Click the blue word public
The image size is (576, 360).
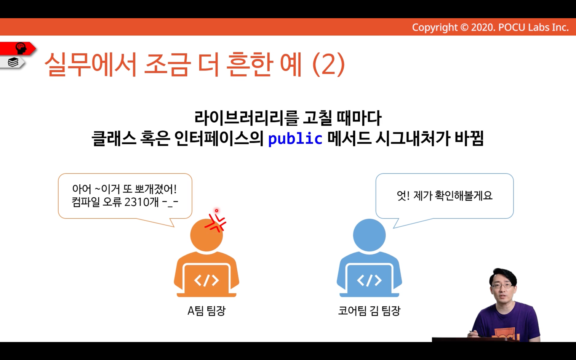[295, 139]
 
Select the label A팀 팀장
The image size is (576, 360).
[206, 310]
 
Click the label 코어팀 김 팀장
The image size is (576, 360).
[369, 310]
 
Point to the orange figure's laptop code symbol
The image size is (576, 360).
[206, 280]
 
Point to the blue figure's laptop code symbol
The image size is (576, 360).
[369, 280]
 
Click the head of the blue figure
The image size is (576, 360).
[369, 235]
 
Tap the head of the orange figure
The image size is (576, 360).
[206, 235]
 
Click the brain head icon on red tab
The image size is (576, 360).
[21, 48]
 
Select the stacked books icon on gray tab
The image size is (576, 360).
[13, 62]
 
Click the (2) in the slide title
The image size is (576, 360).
[328, 64]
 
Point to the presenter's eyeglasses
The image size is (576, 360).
[501, 286]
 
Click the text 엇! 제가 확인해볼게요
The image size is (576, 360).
[445, 195]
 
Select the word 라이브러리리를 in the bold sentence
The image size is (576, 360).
[246, 118]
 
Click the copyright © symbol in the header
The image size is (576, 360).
[464, 27]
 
